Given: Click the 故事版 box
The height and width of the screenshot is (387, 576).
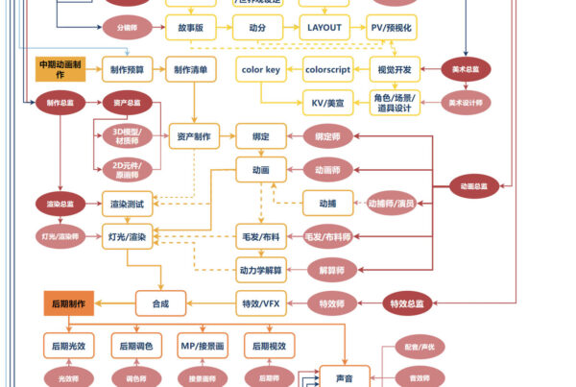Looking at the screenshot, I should click(190, 28).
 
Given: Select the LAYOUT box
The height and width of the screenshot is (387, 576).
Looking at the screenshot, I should click(324, 28).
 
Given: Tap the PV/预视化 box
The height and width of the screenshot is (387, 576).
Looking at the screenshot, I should click(392, 28).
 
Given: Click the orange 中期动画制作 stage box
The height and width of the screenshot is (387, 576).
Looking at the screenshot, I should click(61, 69).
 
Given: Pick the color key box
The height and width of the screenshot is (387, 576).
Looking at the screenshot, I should click(260, 70).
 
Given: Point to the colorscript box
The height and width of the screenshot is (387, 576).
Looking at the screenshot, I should click(327, 70).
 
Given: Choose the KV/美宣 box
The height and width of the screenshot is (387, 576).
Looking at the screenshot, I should click(327, 103).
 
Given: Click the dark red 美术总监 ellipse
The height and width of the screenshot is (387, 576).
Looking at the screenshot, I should click(468, 69).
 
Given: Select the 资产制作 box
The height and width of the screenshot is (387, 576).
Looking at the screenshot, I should click(194, 136).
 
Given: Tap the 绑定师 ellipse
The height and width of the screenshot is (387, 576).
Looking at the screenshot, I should click(328, 137).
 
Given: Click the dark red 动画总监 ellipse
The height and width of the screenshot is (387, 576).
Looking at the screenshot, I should click(474, 186).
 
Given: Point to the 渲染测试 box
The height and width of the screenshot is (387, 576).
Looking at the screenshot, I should click(128, 203).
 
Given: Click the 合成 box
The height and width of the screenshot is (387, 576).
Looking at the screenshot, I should click(159, 304).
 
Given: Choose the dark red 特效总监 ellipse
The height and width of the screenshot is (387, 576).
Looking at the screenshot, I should click(410, 304).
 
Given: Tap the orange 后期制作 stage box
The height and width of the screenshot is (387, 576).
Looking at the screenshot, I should click(68, 304).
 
